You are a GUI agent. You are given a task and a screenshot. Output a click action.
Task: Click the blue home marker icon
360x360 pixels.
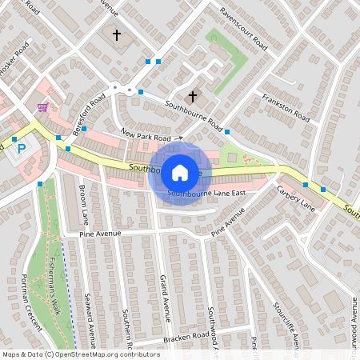tap(179, 172)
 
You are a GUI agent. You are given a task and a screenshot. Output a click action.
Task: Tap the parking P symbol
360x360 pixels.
tap(22, 148)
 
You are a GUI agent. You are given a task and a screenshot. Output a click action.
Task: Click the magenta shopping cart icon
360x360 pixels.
tap(42, 106)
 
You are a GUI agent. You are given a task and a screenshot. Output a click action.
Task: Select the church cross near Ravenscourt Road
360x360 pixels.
tap(117, 35)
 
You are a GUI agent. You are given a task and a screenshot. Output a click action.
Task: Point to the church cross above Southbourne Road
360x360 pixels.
tap(193, 97)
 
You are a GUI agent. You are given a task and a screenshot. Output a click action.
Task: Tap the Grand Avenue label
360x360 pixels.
tap(165, 297)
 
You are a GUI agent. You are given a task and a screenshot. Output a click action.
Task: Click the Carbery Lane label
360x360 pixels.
tap(296, 198)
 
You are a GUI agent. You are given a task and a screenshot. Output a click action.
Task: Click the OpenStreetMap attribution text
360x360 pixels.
tap(80, 354)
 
